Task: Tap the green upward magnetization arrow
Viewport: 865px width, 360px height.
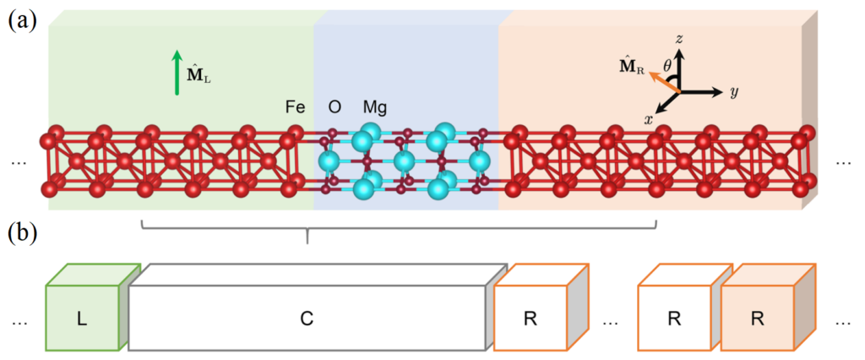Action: pos(177,72)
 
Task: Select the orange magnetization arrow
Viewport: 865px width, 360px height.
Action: pos(665,81)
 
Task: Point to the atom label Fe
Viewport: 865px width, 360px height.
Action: pos(295,108)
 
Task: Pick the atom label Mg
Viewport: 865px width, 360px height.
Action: pos(375,108)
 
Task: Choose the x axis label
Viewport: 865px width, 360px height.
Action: pos(649,120)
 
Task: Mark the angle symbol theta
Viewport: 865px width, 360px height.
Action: pos(666,64)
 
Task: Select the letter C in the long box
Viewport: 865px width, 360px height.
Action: pos(307,319)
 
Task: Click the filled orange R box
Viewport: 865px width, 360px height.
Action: pos(760,319)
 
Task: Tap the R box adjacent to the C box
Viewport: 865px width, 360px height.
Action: pos(530,319)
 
